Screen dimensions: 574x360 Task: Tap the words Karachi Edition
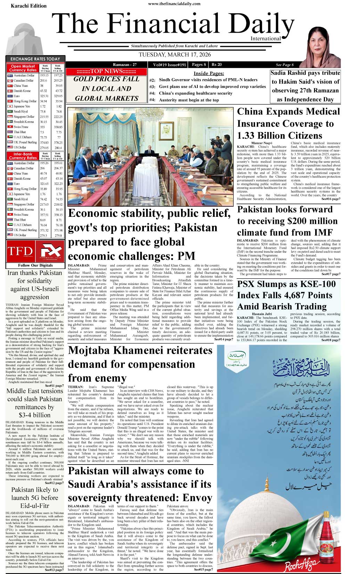28,6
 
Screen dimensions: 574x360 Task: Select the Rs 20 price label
216,65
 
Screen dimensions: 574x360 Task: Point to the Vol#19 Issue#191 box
170,65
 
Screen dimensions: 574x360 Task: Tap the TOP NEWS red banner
106,71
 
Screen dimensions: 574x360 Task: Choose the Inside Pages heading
208,73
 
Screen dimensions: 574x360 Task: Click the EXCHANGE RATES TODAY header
35,59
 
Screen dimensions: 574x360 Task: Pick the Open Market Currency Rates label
23,68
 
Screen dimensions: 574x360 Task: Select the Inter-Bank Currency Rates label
23,156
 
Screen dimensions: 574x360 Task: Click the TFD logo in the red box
20,251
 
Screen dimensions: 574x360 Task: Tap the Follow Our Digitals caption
35,265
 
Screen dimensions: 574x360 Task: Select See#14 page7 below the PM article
223,339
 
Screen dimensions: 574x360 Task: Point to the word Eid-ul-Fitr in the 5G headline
35,506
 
